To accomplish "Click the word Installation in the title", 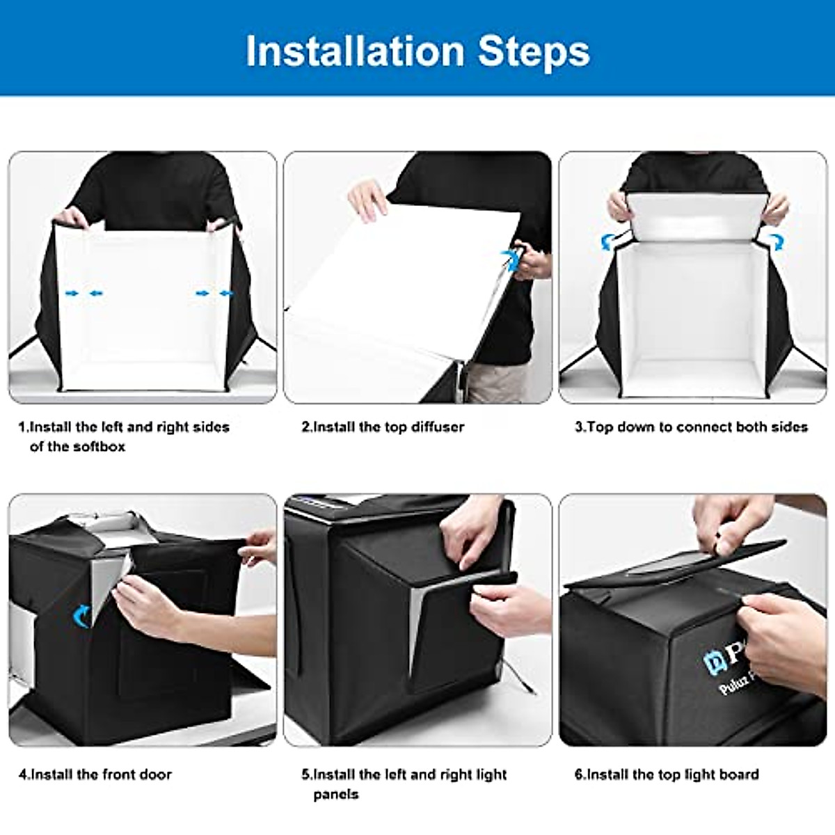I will pyautogui.click(x=355, y=51).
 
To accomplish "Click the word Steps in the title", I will pyautogui.click(x=534, y=51).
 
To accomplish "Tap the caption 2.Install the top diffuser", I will pyautogui.click(x=383, y=427).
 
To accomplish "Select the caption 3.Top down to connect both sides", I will pyautogui.click(x=691, y=427).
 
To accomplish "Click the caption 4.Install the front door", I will pyautogui.click(x=95, y=774).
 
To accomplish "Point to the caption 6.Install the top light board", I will pyautogui.click(x=667, y=774).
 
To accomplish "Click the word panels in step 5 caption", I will pyautogui.click(x=336, y=794).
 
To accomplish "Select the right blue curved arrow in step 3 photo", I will pyautogui.click(x=775, y=241).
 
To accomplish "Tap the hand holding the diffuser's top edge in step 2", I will pyautogui.click(x=367, y=199).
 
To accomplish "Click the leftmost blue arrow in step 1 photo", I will pyautogui.click(x=71, y=294).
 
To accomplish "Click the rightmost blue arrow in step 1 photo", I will pyautogui.click(x=226, y=294).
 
